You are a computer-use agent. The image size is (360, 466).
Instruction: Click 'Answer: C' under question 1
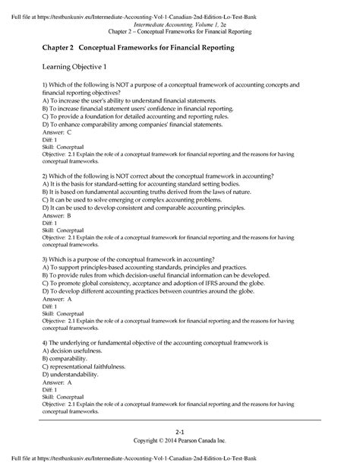[x=57, y=132]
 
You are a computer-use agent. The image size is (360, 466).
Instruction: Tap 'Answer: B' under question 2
[x=57, y=215]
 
